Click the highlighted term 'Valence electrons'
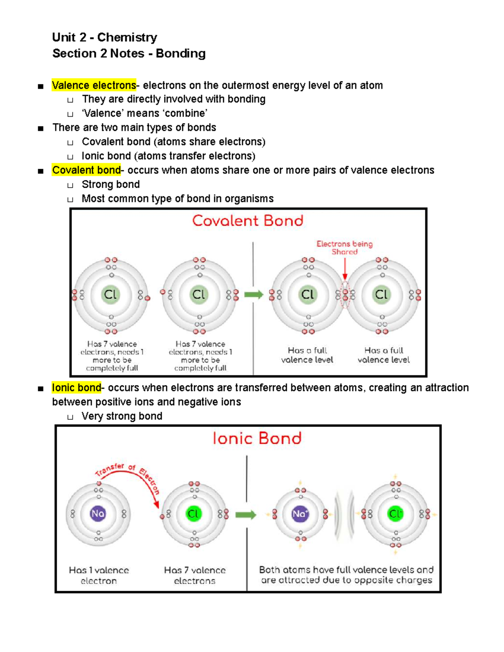(94, 85)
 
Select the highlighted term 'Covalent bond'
(86, 170)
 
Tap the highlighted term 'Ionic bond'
(76, 388)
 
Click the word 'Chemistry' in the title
(127, 37)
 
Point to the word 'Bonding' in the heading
(181, 53)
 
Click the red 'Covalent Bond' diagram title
(248, 221)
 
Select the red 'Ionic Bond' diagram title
(257, 438)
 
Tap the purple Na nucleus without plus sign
(98, 513)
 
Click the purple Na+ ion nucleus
(300, 514)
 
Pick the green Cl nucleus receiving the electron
(194, 514)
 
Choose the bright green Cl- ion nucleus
(395, 514)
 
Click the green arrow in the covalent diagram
(253, 294)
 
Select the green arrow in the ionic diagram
(246, 515)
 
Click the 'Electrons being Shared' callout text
(344, 248)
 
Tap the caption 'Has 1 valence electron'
(99, 575)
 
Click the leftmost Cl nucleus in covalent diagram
(110, 294)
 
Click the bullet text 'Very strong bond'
(122, 416)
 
